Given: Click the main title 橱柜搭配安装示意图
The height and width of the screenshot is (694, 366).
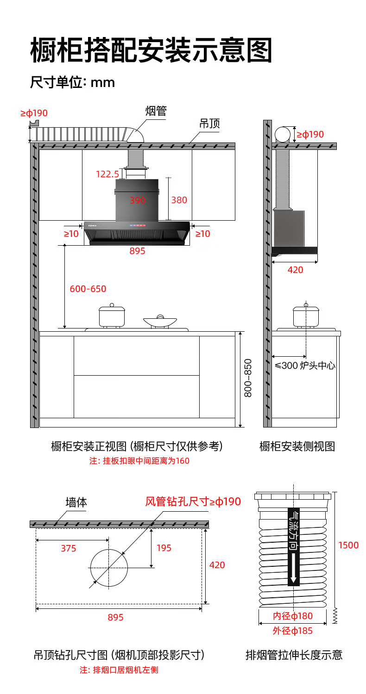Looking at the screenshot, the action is pos(151,50).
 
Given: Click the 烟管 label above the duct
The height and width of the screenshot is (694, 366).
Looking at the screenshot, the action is pos(156,111).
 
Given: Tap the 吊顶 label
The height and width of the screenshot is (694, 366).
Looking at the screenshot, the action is pos(209,124).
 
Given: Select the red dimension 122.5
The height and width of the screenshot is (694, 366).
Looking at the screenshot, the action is pos(107,174).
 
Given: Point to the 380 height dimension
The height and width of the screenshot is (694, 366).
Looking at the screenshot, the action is pos(179,200).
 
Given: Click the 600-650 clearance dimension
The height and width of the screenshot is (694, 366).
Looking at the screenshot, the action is pos(88,289).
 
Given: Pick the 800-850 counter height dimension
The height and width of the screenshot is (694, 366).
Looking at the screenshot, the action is pos(248,378).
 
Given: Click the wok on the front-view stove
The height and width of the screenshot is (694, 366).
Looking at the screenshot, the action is pos(160,322).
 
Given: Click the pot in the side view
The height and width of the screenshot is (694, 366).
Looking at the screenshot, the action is pos(306,316).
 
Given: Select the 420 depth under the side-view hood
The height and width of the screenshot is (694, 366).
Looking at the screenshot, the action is pos(295,270).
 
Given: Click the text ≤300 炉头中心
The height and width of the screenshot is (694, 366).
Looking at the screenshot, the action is pos(305,366).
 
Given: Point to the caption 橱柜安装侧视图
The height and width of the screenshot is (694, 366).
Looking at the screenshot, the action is pos(297,446).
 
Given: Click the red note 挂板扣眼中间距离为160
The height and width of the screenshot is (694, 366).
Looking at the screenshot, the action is pos(139,461).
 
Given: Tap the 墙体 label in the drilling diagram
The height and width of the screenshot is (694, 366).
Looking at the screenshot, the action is pos(76,502).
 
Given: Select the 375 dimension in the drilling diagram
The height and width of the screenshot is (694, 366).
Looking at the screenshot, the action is pos(69,548).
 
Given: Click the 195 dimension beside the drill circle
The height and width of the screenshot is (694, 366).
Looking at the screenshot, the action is pos(164,548).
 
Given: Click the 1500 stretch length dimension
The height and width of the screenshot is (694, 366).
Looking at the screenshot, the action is pos(348,545).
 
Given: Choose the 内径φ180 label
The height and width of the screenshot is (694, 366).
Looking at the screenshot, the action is pos(292,616).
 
